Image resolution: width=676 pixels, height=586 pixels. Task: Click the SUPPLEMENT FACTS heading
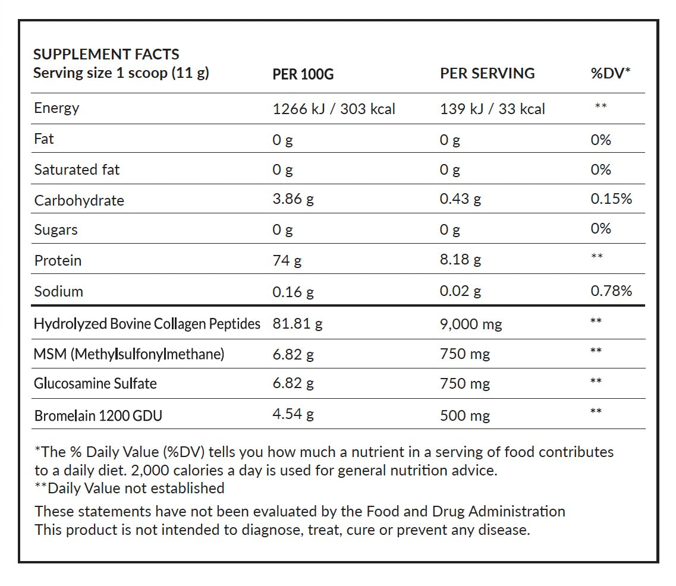click(x=106, y=54)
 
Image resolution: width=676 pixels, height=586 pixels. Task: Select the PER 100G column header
click(x=303, y=74)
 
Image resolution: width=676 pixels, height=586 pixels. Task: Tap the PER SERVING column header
click(x=487, y=73)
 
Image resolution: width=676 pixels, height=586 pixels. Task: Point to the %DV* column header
click(x=610, y=73)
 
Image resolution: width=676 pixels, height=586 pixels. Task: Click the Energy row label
click(x=56, y=108)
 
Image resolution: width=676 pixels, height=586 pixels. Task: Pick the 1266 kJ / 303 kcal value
click(x=334, y=109)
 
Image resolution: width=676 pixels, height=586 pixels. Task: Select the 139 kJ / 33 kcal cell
click(x=492, y=109)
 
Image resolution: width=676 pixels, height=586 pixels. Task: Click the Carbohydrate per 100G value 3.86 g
click(x=293, y=200)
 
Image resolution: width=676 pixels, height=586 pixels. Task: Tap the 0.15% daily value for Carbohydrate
click(x=611, y=199)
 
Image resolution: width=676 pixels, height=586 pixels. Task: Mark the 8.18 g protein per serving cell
click(x=460, y=260)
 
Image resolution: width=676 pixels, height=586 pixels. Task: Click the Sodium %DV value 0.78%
click(x=611, y=291)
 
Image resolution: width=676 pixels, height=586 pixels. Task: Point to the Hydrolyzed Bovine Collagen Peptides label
click(x=147, y=324)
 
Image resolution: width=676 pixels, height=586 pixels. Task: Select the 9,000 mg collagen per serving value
click(x=471, y=324)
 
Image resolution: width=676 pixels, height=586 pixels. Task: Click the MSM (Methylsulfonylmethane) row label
click(x=129, y=354)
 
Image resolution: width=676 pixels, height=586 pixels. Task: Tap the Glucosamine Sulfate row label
click(x=95, y=383)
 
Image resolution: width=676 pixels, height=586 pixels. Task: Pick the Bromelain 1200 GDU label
click(x=98, y=415)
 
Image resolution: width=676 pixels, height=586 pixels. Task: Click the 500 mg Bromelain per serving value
click(x=465, y=415)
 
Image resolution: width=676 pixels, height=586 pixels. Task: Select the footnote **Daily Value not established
click(x=130, y=489)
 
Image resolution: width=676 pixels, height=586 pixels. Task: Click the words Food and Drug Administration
click(x=466, y=511)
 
